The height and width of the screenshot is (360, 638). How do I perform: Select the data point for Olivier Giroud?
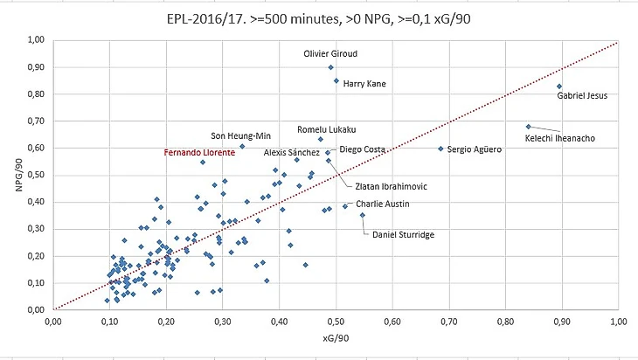pos(330,67)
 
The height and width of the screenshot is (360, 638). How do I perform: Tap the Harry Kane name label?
pos(364,84)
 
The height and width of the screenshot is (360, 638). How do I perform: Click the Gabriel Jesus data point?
pos(558,86)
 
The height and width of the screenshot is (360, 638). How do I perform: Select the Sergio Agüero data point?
pos(440,149)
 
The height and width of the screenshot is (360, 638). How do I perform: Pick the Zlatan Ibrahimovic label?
pos(392,185)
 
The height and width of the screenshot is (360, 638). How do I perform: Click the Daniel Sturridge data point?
pos(363,215)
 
